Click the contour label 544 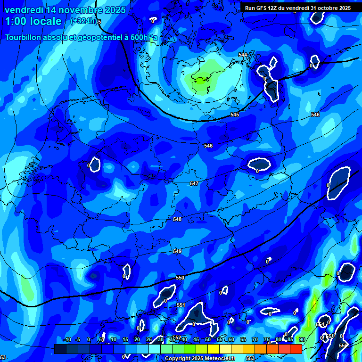243,55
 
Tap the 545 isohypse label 235,115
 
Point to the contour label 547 194,183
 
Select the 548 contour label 177,219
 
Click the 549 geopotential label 177,251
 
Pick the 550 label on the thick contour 180,278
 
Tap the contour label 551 181,305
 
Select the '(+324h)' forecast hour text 83,21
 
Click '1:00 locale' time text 33,21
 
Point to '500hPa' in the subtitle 142,37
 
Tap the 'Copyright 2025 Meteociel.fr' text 200,358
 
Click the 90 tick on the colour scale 302,339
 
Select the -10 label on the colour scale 67,339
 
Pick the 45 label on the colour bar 196,339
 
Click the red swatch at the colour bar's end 296,349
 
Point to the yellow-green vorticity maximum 202,78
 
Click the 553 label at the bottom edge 250,358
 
